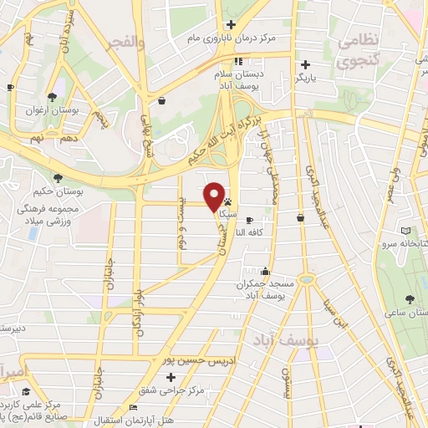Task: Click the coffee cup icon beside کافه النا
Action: pos(249,218)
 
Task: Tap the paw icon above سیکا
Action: pos(227,202)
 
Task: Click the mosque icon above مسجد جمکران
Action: pos(265,271)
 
